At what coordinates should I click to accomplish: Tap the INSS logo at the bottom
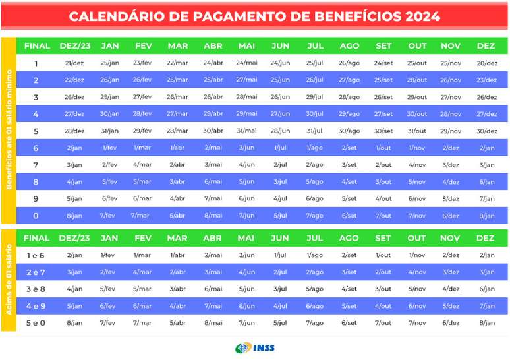click(x=256, y=347)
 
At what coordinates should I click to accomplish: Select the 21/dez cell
click(x=74, y=63)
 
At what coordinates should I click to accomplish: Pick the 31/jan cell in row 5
click(x=110, y=131)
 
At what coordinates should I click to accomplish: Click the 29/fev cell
click(x=142, y=131)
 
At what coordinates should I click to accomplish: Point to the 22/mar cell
click(x=177, y=63)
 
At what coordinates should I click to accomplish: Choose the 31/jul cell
click(x=314, y=131)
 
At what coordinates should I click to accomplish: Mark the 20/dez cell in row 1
click(x=486, y=63)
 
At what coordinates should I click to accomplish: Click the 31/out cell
click(x=417, y=131)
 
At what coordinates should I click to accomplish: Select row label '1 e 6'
click(x=36, y=255)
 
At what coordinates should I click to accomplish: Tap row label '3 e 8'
click(x=36, y=289)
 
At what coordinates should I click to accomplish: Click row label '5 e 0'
click(x=36, y=323)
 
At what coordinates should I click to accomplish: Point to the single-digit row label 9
click(x=36, y=198)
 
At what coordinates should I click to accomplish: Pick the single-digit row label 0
click(x=36, y=216)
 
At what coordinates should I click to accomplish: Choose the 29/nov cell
click(x=451, y=131)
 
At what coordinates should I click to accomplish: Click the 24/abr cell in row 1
click(x=213, y=63)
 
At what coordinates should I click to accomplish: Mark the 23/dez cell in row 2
click(x=486, y=80)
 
